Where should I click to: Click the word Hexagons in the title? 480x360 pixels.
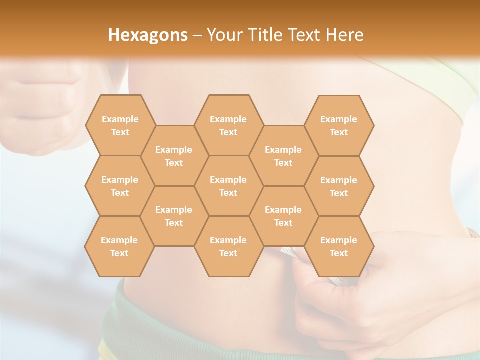148,35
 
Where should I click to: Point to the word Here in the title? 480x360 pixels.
344,35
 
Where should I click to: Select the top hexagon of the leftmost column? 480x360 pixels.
120,125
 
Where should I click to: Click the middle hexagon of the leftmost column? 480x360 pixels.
120,186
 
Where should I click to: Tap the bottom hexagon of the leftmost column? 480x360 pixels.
119,246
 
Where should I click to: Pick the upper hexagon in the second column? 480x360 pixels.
174,156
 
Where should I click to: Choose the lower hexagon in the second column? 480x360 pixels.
174,216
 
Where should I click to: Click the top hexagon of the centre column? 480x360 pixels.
228,125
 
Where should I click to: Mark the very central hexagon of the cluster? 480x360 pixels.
228,186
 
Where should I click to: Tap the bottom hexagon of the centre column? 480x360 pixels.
228,246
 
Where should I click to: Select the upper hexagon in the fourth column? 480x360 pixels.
283,156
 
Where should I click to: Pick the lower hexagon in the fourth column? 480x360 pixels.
283,216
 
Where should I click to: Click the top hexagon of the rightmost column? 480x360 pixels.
339,125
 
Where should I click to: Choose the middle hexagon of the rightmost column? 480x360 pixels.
339,186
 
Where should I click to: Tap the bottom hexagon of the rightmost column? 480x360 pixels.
339,246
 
